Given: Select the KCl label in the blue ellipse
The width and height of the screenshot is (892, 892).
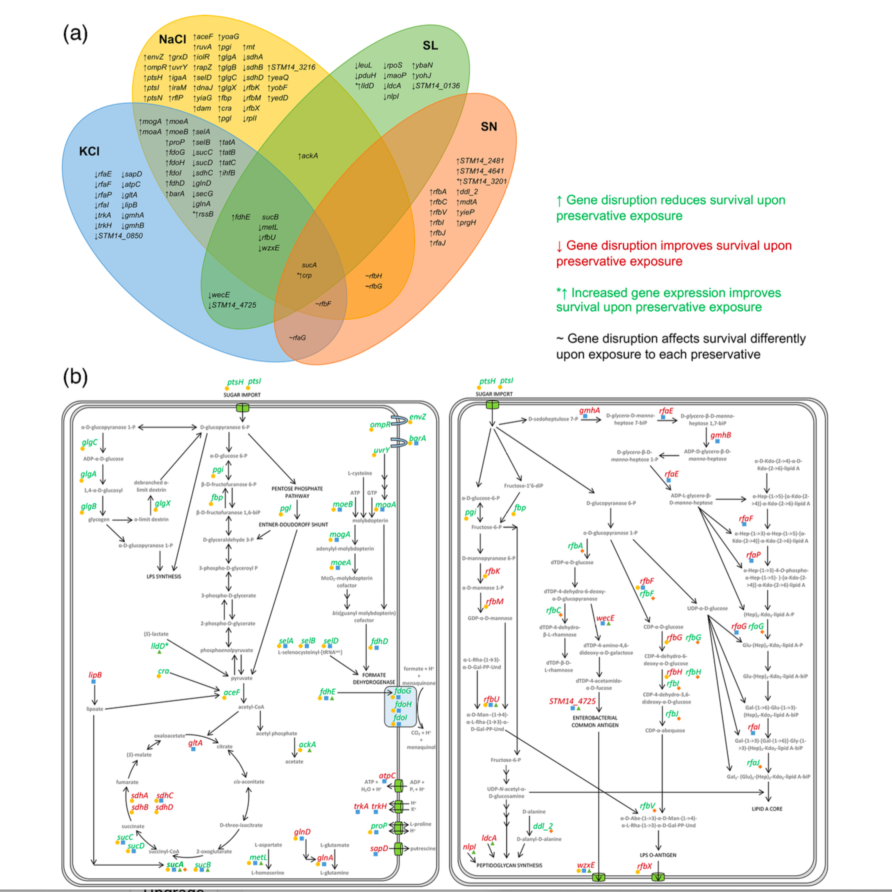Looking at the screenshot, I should [x=89, y=151].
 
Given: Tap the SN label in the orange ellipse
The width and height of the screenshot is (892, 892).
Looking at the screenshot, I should [x=489, y=126].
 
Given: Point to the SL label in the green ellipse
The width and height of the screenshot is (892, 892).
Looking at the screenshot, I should [x=430, y=45].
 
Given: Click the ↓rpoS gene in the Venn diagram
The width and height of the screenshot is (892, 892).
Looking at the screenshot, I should [x=392, y=65].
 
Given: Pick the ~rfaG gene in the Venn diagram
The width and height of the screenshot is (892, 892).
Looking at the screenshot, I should [x=297, y=337].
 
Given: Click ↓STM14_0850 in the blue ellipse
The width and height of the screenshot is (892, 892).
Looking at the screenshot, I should [x=118, y=236].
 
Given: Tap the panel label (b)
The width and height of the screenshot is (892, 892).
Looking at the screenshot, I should [x=75, y=377].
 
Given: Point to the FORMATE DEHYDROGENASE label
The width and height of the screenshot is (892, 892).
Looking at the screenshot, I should [x=374, y=678].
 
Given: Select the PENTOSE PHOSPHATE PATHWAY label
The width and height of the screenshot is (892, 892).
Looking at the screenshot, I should [x=297, y=492].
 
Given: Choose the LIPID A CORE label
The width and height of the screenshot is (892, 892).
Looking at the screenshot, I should [x=767, y=809].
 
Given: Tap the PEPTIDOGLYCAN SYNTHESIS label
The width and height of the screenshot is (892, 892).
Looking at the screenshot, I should [x=509, y=865].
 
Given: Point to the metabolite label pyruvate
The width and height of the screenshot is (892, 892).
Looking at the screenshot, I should [x=241, y=678].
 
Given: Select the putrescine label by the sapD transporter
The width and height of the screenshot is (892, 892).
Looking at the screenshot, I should [x=423, y=848].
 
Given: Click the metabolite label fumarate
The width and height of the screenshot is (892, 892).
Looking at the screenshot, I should [x=127, y=782].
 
